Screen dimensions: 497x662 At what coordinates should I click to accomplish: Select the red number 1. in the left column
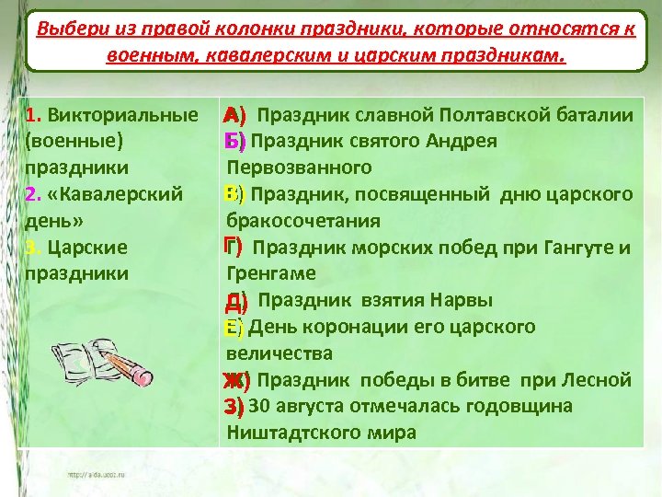pos(34,116)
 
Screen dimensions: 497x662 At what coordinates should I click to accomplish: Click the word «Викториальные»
pos(123,116)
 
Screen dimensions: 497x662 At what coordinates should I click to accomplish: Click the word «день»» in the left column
pos(56,222)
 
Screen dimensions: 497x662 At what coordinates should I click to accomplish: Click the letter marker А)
pos(236,116)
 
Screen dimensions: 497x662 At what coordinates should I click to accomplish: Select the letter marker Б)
pos(235,142)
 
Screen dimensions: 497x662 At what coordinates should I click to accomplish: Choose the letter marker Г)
pos(234,248)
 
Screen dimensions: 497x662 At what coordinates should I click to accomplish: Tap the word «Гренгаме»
pos(271,274)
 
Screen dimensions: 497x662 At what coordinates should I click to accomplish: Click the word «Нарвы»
pos(464,301)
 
